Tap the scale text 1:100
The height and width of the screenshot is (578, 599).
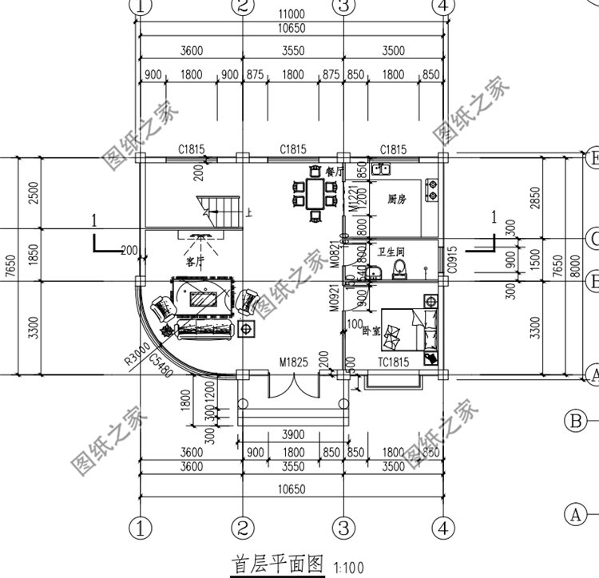(347, 566)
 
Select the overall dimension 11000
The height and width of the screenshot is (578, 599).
(292, 14)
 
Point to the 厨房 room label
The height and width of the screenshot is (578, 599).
(398, 199)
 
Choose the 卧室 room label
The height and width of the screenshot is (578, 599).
(371, 329)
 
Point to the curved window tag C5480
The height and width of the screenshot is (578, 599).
(162, 366)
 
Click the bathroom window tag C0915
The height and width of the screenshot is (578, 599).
(451, 259)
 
